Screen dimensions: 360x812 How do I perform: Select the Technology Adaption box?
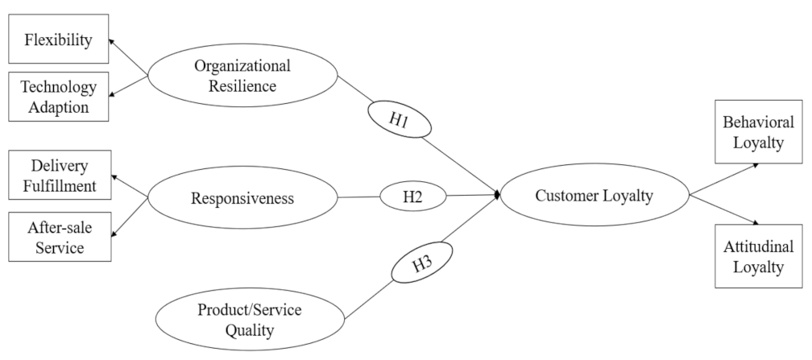(x=57, y=96)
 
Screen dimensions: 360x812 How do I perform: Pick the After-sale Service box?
(x=57, y=237)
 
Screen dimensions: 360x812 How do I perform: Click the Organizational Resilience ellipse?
(x=242, y=75)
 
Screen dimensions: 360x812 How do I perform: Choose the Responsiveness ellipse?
(x=242, y=197)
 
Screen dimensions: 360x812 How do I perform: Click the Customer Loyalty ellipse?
(x=594, y=195)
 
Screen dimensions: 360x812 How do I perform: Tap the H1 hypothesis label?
(x=399, y=120)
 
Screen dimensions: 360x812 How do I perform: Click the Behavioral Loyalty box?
(x=758, y=133)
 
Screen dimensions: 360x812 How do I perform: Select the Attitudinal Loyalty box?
(x=758, y=256)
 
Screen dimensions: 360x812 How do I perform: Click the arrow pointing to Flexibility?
(x=129, y=57)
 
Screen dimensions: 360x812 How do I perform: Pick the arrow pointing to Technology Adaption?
(x=129, y=86)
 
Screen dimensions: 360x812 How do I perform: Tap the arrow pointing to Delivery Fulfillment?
(x=129, y=185)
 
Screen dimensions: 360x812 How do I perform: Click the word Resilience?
(x=242, y=84)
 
